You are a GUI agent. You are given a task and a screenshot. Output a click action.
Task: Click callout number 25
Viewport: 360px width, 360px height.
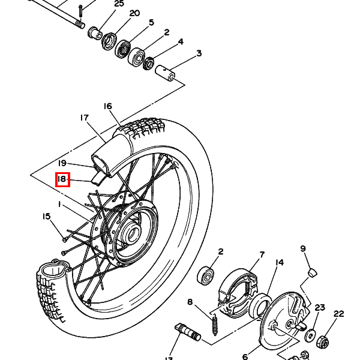click(119, 4)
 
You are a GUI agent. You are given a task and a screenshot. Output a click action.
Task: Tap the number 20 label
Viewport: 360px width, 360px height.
click(134, 13)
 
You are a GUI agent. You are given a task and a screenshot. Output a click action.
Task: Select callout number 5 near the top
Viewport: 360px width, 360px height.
click(151, 23)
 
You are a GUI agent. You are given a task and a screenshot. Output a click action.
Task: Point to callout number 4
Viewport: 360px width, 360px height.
click(181, 42)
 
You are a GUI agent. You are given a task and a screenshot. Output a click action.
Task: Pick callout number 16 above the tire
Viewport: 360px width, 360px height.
click(107, 106)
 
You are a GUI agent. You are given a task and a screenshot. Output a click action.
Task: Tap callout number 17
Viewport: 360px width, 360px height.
click(84, 118)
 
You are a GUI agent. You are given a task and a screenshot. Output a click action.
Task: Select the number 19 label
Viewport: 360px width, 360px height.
click(62, 163)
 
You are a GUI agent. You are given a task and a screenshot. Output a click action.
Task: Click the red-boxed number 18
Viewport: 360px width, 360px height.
click(63, 179)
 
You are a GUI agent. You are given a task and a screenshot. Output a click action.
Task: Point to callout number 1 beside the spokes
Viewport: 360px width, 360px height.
click(60, 205)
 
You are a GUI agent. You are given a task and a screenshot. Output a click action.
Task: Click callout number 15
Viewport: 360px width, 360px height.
click(46, 217)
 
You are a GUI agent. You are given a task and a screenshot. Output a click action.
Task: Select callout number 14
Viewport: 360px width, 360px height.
click(279, 263)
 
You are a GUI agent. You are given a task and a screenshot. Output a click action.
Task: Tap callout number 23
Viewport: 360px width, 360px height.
click(320, 308)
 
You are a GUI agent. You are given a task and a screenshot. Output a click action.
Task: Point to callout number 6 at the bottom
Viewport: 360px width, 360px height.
click(245, 356)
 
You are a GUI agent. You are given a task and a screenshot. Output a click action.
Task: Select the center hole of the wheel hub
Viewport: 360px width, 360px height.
click(131, 234)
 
